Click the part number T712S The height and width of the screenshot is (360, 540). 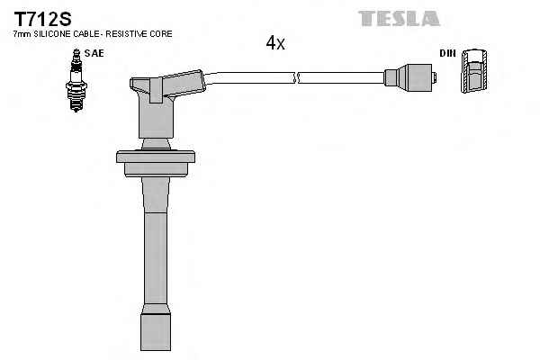42,19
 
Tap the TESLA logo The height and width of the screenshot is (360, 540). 399,19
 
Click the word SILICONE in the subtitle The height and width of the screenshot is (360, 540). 52,34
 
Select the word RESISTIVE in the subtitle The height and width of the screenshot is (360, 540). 127,34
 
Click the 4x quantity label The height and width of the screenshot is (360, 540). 275,43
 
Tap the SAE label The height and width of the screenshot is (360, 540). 94,53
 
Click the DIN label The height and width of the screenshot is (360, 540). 447,53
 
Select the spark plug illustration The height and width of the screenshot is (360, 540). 76,80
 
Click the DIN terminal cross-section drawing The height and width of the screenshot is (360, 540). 474,70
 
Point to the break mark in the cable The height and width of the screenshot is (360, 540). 296,78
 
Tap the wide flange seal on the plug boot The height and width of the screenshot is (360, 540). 156,163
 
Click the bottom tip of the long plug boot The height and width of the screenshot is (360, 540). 156,350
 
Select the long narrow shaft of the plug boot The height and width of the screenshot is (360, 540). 156,258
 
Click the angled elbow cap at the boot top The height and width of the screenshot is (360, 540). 167,86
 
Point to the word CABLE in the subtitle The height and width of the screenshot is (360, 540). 86,34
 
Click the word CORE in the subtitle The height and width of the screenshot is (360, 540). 161,34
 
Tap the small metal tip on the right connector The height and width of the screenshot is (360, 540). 435,78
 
